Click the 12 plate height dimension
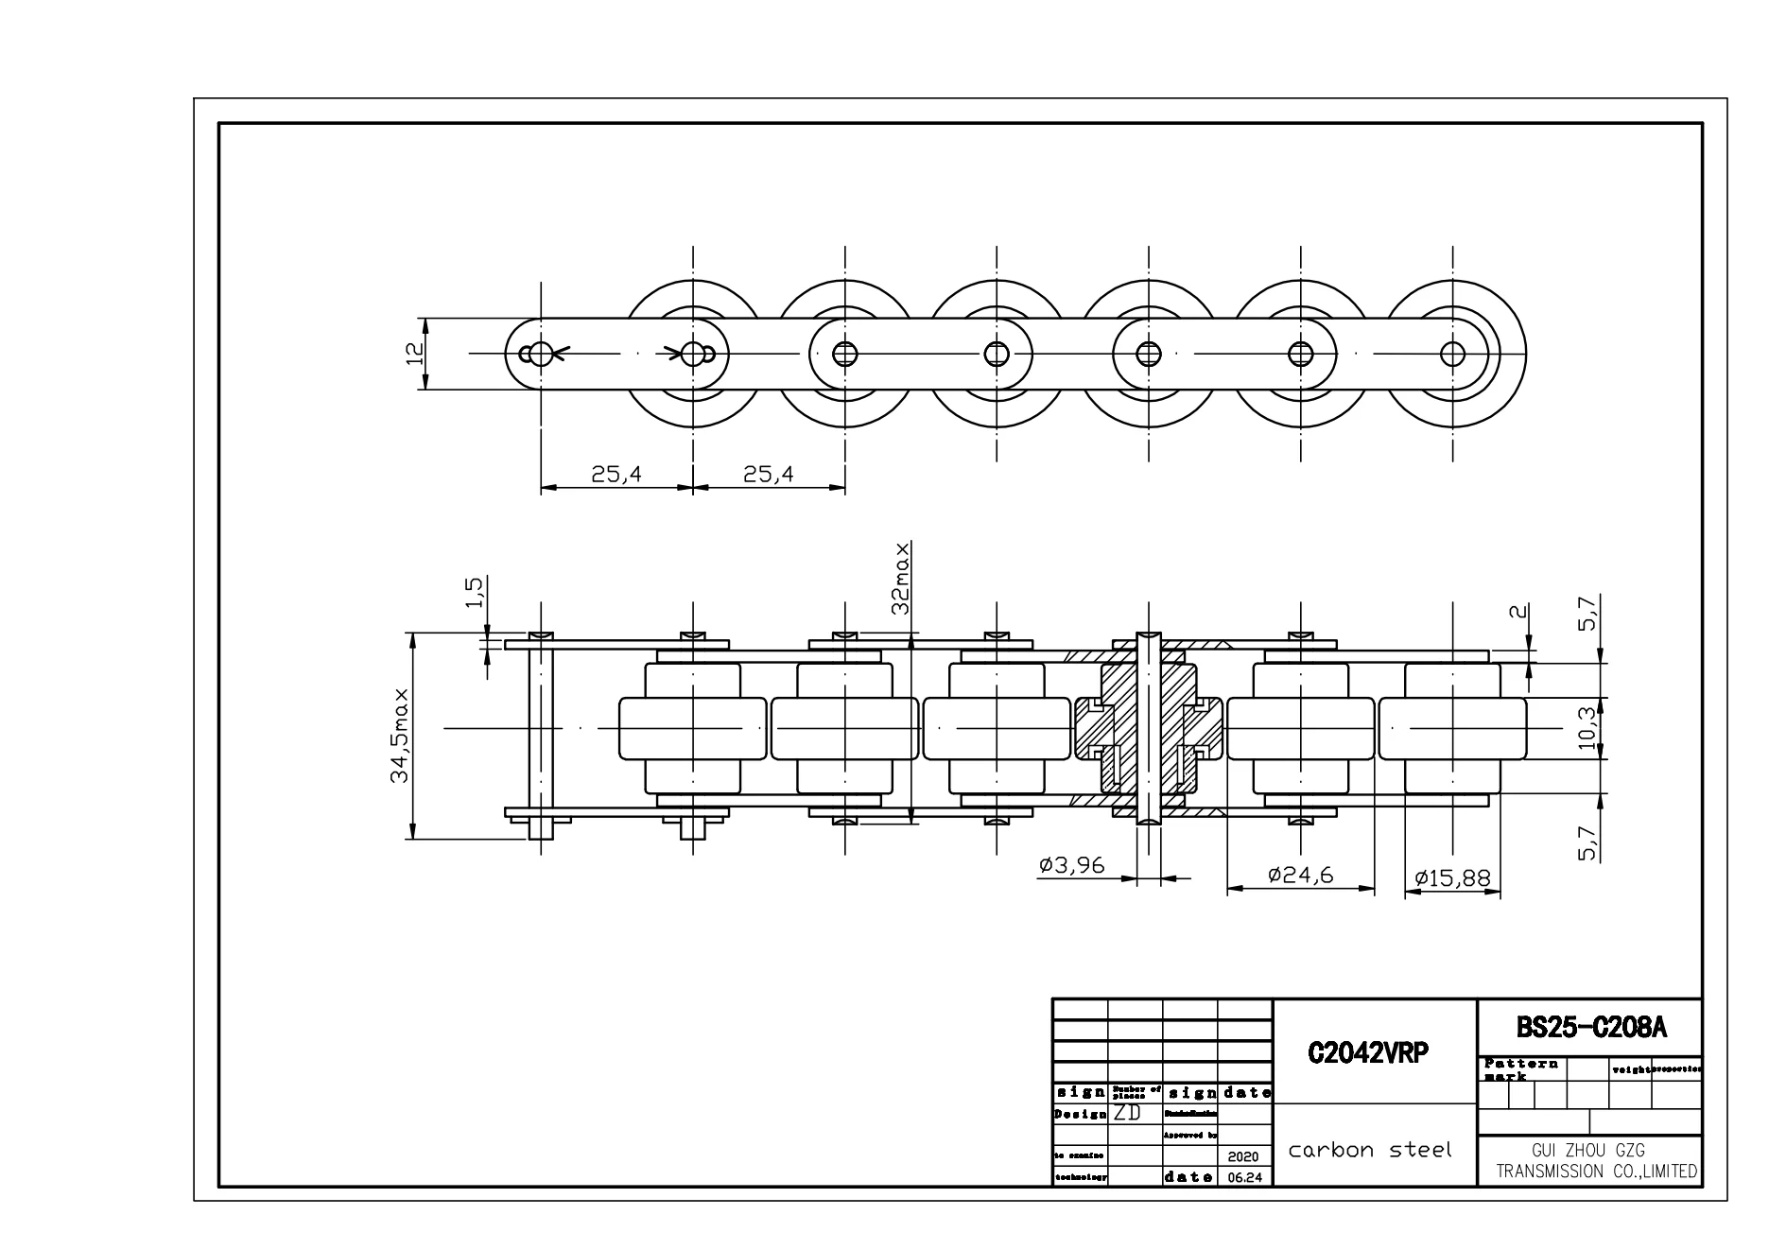pos(412,354)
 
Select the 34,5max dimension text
pos(401,736)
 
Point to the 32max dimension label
pos(901,578)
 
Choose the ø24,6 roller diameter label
pos(1300,875)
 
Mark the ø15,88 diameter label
pos(1451,878)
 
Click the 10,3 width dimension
pos(1587,728)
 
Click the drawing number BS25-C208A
pos(1590,1028)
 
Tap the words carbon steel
pos(1369,1150)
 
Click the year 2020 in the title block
pos(1243,1156)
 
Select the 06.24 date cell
pos(1243,1178)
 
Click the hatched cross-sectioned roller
pos(1149,728)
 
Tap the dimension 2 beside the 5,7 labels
pos(1518,611)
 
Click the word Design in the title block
pos(1079,1114)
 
